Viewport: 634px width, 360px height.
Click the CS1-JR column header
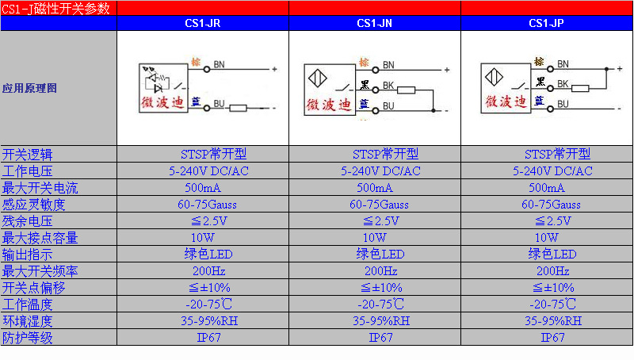(x=202, y=24)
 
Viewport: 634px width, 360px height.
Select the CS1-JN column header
(x=375, y=24)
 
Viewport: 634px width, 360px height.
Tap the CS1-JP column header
(x=547, y=24)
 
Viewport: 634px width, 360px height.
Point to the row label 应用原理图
(x=30, y=89)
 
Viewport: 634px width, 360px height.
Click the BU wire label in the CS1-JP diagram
(x=563, y=104)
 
